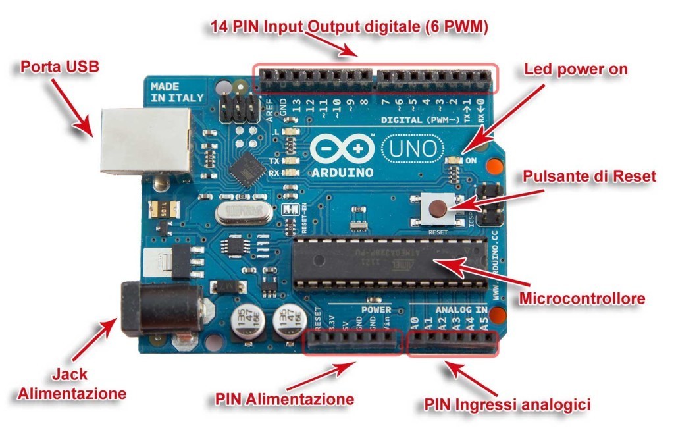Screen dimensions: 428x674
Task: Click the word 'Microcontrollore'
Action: click(x=582, y=299)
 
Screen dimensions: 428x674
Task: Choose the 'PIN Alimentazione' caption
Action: click(x=284, y=399)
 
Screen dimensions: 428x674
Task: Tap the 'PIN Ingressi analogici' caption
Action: click(x=507, y=403)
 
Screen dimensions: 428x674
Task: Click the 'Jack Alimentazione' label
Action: click(x=71, y=385)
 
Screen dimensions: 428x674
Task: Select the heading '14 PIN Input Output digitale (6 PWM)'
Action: click(x=349, y=27)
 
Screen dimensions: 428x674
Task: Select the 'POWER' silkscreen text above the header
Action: click(x=376, y=309)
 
